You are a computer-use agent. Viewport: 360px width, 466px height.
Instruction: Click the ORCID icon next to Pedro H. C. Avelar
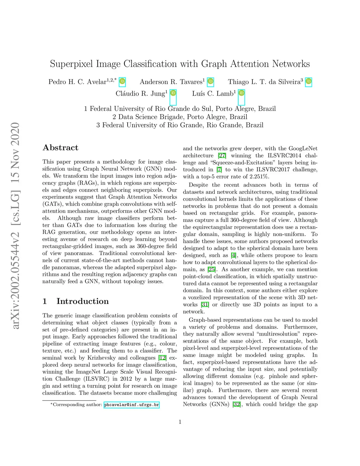point(122,82)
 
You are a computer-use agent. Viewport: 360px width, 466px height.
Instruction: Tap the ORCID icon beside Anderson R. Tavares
point(210,82)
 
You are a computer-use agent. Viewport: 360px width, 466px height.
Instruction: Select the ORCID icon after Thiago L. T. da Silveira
point(308,82)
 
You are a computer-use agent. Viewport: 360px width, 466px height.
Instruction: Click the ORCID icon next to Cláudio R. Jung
point(173,94)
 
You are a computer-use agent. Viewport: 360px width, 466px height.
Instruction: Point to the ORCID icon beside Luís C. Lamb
point(241,94)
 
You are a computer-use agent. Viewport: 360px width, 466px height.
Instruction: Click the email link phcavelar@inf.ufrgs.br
point(132,405)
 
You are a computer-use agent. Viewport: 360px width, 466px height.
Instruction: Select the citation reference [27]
point(222,155)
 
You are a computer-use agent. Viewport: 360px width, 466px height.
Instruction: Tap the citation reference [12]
point(162,358)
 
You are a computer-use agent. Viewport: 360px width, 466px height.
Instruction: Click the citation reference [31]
point(205,305)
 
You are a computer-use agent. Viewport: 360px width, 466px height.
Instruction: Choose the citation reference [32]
point(237,404)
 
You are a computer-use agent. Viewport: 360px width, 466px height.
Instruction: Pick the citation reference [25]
point(211,269)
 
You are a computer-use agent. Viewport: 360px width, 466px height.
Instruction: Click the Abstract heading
point(60,148)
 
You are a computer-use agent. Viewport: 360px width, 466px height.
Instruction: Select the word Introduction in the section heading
point(83,301)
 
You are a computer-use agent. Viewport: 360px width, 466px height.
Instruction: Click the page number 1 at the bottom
point(180,422)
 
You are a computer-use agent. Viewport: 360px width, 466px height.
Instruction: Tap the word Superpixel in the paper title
point(71,64)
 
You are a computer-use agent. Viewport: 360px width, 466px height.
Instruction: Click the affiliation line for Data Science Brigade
point(180,117)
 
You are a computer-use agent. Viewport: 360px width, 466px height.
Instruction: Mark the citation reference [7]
point(219,170)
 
